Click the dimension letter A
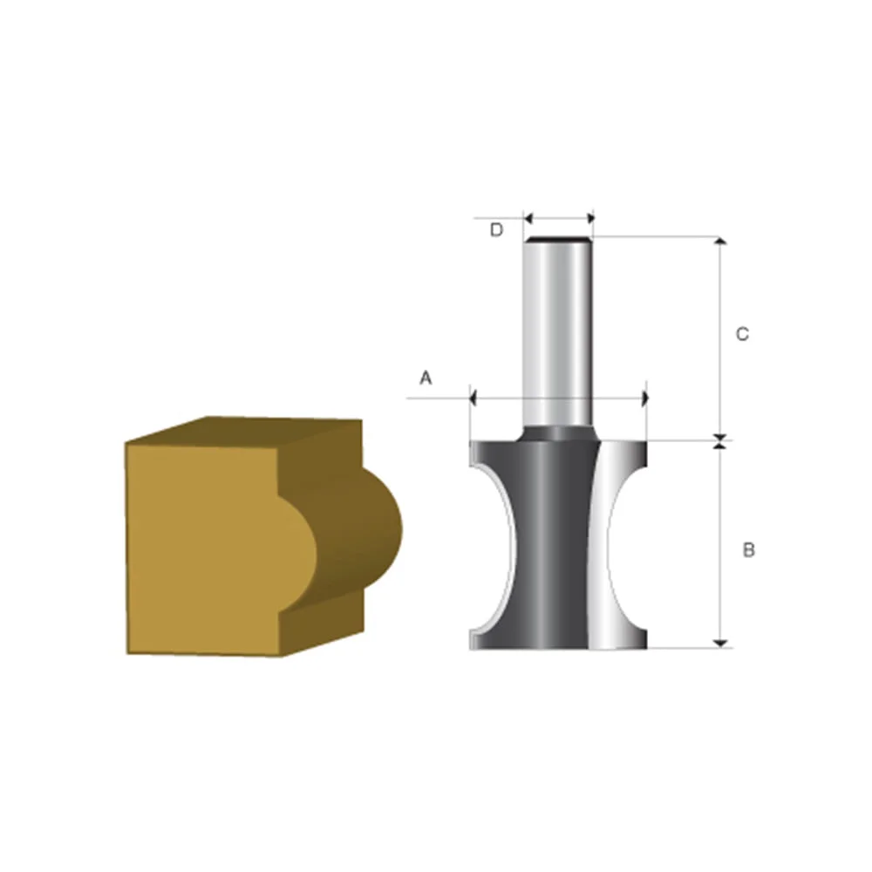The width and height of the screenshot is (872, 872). pos(426,378)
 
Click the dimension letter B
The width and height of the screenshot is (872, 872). pos(748,550)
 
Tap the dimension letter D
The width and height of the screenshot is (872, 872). pos(496,230)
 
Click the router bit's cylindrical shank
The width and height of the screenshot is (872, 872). pos(559,331)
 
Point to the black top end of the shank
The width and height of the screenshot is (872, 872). pos(559,239)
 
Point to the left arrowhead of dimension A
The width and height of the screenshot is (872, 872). pos(473,399)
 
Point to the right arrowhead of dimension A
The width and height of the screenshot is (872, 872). pos(644,399)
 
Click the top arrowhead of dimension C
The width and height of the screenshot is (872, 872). pos(720,242)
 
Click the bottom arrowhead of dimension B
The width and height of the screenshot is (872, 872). pos(720,643)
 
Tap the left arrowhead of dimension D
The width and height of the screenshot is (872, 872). pos(528,218)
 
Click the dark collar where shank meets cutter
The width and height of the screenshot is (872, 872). pos(559,432)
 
